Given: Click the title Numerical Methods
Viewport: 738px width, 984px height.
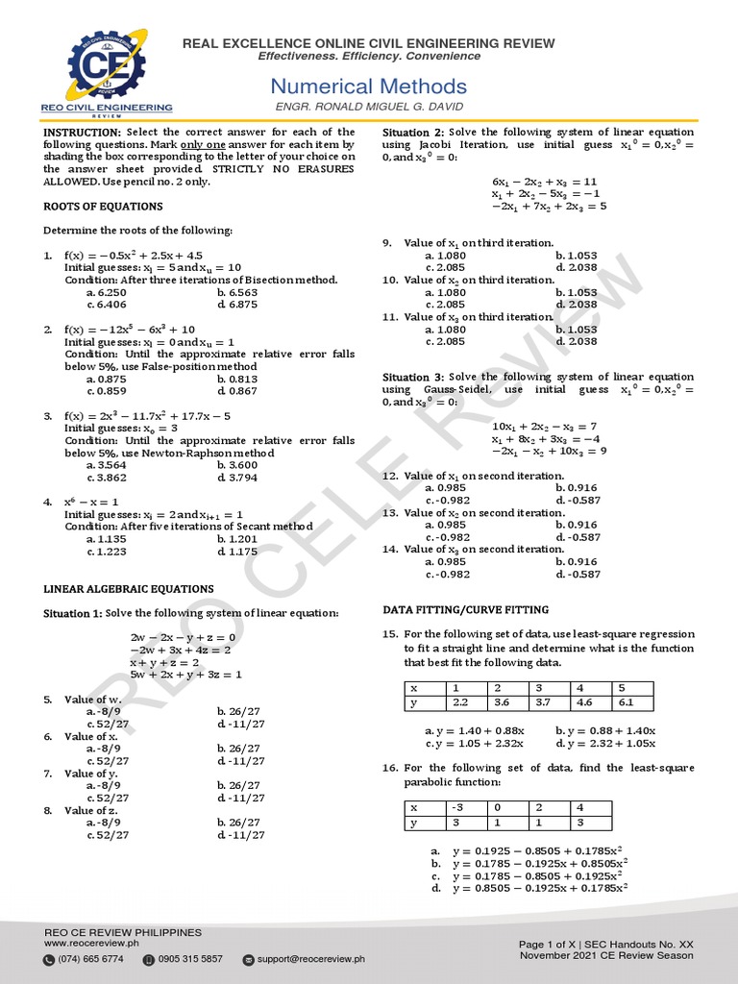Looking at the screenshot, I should point(368,86).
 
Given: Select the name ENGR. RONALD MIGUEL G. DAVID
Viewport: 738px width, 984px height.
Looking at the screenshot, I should point(369,107).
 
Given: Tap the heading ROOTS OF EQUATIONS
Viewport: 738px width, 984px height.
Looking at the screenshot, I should point(104,207).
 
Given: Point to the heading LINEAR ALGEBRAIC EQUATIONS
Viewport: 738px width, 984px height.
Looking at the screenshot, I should point(129,589).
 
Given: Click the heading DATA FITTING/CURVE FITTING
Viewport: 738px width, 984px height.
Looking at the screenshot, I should point(466,610).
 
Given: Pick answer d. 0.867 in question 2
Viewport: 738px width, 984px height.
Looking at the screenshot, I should point(237,391).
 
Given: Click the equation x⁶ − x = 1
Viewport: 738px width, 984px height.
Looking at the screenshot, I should point(91,502).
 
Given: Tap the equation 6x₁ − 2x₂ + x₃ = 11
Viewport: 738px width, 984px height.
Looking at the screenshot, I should point(544,181).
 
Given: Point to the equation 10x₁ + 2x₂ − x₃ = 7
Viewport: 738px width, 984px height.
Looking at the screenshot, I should point(544,426).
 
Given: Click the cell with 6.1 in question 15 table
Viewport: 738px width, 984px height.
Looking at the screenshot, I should point(631,703).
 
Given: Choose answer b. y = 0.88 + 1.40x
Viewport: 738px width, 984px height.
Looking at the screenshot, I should point(605,730).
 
